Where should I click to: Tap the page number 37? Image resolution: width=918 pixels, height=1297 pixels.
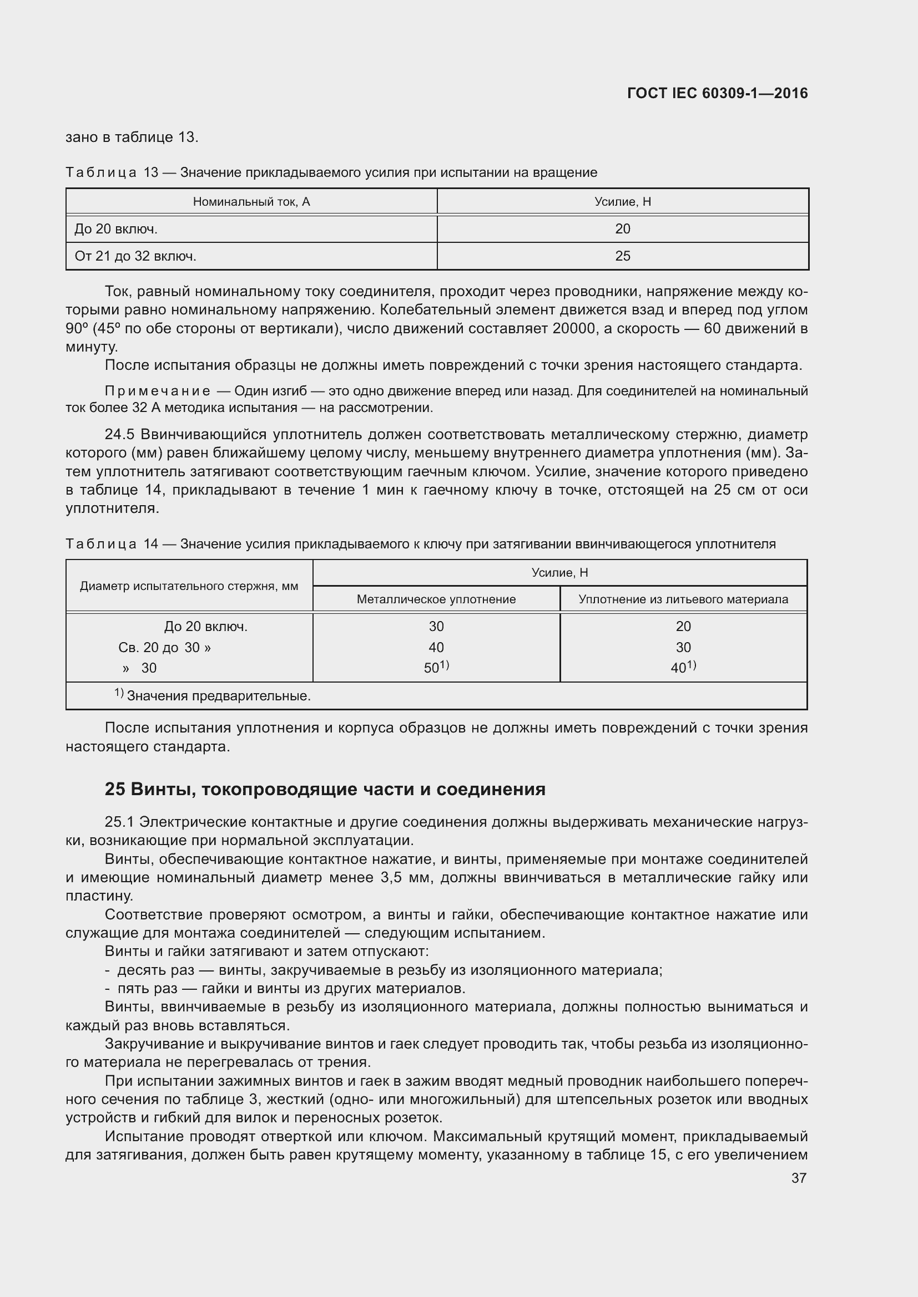[x=798, y=1178]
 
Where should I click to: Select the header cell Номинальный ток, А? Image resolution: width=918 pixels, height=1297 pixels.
[x=251, y=202]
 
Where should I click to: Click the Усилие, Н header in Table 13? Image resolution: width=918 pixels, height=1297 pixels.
[x=622, y=202]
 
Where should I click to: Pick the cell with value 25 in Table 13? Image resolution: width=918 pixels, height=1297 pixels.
[x=622, y=256]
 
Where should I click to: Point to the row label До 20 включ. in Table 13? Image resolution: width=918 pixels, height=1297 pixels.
[x=116, y=229]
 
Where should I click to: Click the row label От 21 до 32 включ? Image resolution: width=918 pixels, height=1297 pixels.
[x=135, y=256]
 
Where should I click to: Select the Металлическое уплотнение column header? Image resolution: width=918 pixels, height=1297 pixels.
[x=436, y=599]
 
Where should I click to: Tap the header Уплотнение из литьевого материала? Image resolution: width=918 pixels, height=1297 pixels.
[x=683, y=599]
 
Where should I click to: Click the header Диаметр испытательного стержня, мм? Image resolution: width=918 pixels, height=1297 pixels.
[x=189, y=586]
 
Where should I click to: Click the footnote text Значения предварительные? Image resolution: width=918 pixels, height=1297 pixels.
[x=218, y=696]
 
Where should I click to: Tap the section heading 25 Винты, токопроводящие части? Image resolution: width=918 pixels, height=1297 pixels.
[x=325, y=789]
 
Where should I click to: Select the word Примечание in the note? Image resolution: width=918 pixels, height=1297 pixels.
[x=158, y=391]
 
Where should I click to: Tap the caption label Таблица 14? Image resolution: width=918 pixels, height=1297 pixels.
[x=112, y=544]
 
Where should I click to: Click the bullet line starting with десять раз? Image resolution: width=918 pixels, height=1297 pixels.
[x=385, y=970]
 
